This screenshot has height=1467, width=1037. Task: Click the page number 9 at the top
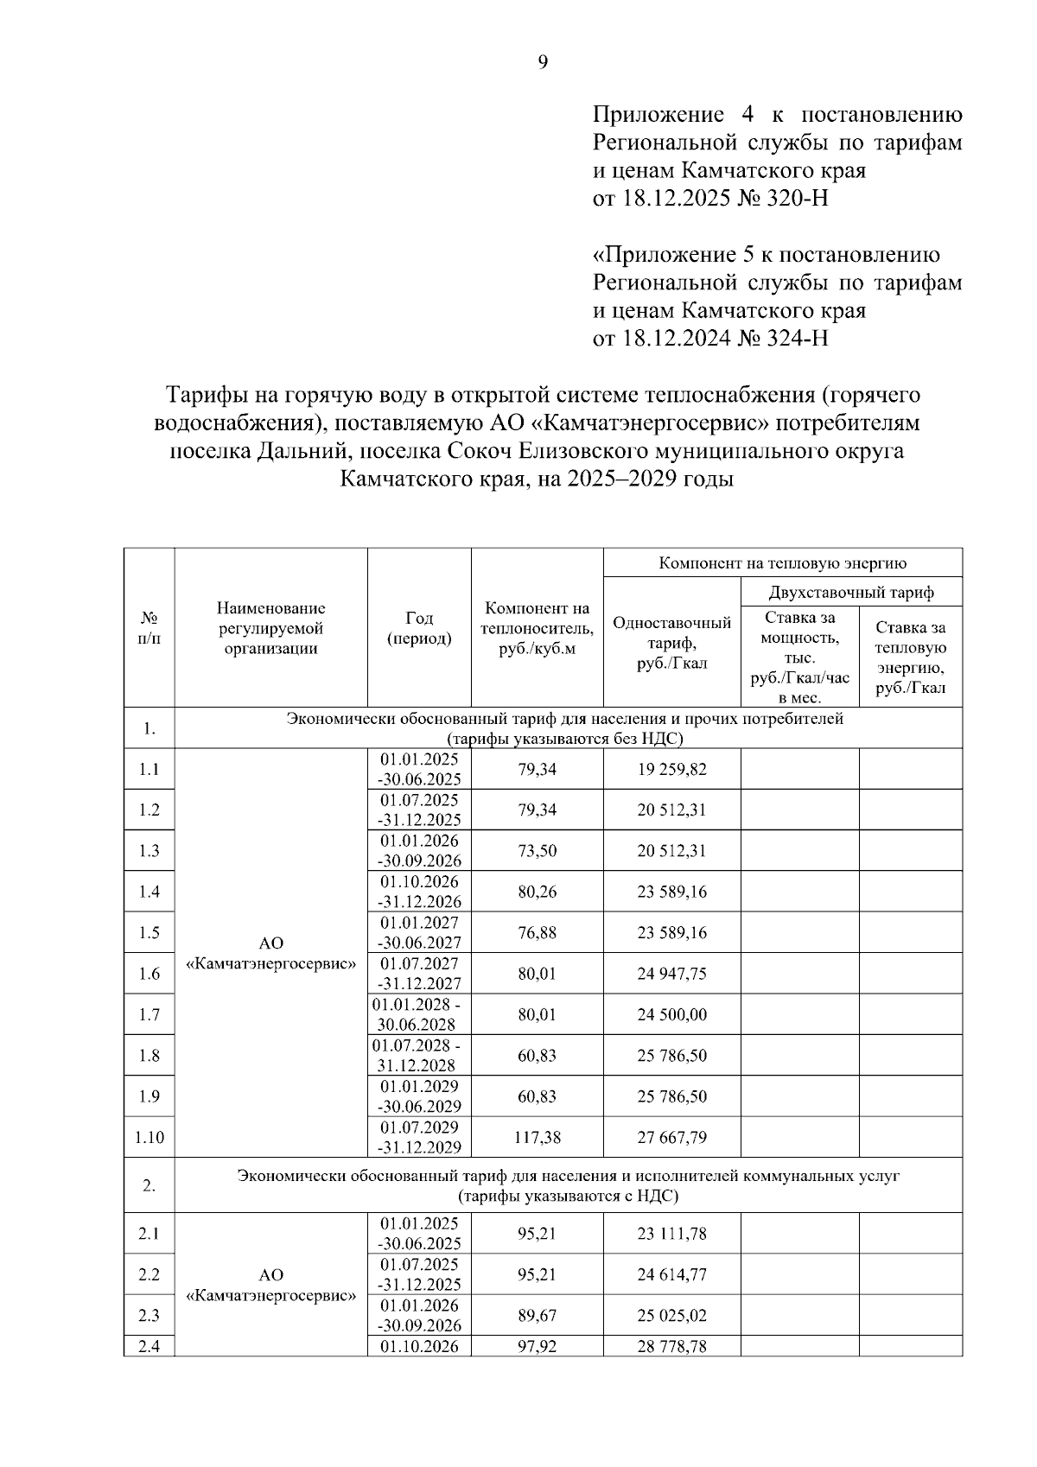543,62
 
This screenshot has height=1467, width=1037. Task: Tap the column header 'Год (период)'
419,628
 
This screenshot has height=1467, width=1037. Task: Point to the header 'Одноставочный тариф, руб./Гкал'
671,643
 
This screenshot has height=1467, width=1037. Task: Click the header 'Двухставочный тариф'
851,593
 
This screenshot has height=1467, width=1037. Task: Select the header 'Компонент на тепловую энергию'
782,563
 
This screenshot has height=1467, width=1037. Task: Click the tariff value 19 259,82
671,769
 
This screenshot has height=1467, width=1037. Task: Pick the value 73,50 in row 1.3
537,851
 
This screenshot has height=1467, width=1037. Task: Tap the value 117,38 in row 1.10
537,1138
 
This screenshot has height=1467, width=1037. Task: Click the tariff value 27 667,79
671,1138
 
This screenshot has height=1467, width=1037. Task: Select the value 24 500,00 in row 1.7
671,1015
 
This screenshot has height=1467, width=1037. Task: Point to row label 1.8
149,1056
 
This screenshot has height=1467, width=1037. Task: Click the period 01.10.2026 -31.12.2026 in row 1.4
419,892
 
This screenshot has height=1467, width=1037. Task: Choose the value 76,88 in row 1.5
537,933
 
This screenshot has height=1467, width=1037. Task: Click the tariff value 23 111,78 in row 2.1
671,1234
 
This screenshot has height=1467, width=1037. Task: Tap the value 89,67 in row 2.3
537,1316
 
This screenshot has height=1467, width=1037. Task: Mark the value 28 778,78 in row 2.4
671,1346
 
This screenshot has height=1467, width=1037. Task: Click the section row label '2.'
149,1185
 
